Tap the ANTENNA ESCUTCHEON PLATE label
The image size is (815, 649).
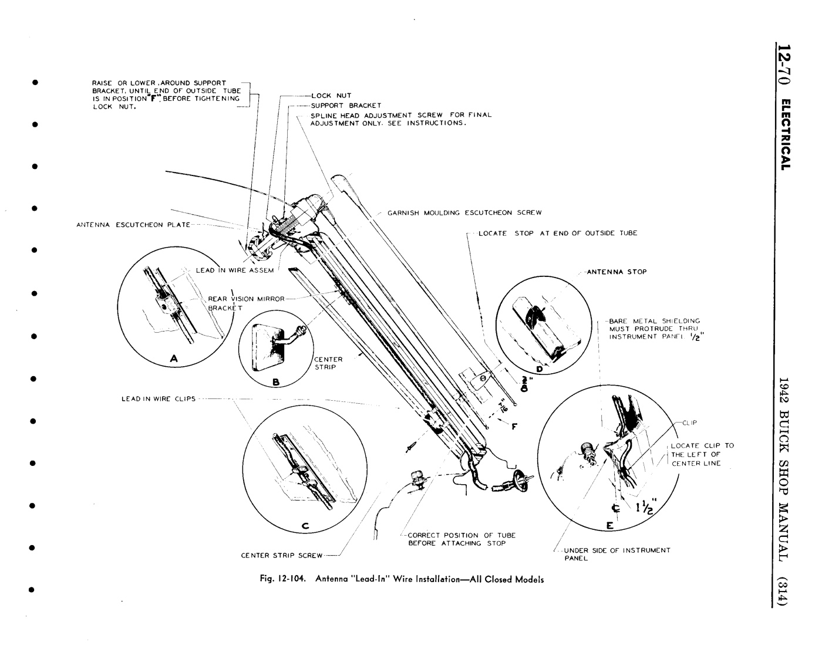pyautogui.click(x=133, y=225)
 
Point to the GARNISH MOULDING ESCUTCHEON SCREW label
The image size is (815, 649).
pyautogui.click(x=464, y=212)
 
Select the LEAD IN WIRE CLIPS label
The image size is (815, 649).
pyautogui.click(x=158, y=399)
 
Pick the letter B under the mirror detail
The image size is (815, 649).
pyautogui.click(x=275, y=383)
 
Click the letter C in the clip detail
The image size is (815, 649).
pyautogui.click(x=305, y=526)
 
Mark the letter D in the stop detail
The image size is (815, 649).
pyautogui.click(x=539, y=369)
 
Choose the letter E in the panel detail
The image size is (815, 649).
pyautogui.click(x=609, y=526)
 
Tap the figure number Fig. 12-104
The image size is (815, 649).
pyautogui.click(x=285, y=579)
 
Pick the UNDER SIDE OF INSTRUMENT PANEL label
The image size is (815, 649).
pyautogui.click(x=617, y=554)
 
